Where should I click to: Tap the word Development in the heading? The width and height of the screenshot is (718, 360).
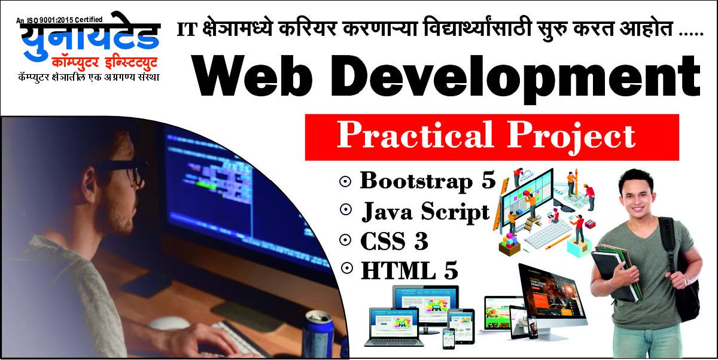pos(516,79)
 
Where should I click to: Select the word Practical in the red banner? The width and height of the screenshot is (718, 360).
pos(415,135)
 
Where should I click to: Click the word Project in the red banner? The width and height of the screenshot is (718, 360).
pos(571,137)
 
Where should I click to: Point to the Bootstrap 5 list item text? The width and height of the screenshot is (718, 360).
pos(428,182)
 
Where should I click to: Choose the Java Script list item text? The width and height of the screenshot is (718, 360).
pos(425,212)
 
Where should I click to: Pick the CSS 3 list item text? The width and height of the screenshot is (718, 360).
pos(394,241)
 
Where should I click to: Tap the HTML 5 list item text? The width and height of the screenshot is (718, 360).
pos(409,271)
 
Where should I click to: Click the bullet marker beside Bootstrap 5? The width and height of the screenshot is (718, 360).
pos(345,182)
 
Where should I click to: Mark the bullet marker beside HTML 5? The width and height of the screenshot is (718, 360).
pos(347,268)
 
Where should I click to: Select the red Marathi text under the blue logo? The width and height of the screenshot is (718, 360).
pos(105,63)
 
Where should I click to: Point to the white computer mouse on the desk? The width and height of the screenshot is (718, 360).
pos(169,322)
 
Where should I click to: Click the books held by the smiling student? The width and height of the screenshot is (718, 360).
pos(615,272)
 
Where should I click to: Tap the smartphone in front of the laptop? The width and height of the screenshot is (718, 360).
pos(448,338)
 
